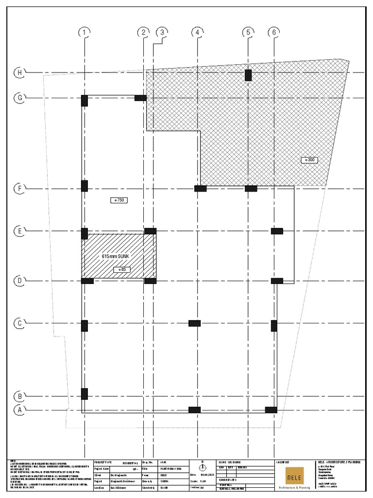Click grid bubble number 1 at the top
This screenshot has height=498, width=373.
(x=85, y=33)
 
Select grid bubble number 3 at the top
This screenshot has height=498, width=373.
(x=162, y=33)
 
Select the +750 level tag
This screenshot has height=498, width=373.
(x=119, y=200)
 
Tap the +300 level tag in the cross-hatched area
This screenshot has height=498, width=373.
(x=309, y=160)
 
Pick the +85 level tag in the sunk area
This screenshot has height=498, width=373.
(x=121, y=269)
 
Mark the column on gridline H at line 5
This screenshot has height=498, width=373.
(x=248, y=75)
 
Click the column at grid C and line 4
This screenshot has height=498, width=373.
(x=194, y=323)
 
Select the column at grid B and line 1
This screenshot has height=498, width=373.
(x=85, y=393)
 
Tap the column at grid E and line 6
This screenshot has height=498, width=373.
(x=277, y=231)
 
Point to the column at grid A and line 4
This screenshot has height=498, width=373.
(x=194, y=410)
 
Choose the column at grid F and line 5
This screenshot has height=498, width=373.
(x=251, y=189)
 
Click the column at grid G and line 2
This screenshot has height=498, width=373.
(x=140, y=98)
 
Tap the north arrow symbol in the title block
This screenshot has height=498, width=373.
(x=202, y=468)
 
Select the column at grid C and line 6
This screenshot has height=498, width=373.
(x=274, y=326)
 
